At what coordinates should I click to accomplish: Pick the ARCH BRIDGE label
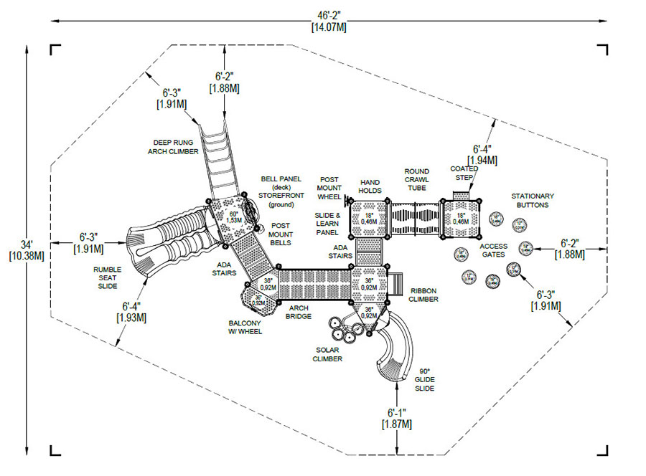299,312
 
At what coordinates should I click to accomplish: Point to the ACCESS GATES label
494,250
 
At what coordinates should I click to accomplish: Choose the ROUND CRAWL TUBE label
416,180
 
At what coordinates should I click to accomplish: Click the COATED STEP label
464,173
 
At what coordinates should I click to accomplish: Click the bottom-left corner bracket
55,449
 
